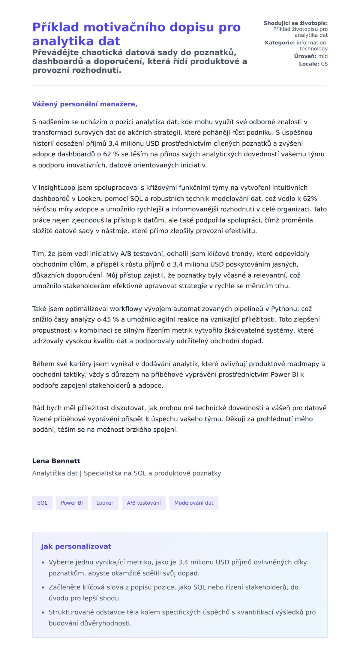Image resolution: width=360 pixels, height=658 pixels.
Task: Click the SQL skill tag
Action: (42, 503)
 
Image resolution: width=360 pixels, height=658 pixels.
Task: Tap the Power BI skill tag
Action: (72, 503)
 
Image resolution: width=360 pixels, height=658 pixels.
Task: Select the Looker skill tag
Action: (105, 503)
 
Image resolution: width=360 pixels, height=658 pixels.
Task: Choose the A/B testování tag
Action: (144, 503)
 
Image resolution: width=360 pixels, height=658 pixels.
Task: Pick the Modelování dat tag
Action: (194, 503)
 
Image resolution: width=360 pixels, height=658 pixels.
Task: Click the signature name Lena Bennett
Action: (56, 461)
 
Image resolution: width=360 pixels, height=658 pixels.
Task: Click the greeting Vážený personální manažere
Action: (85, 104)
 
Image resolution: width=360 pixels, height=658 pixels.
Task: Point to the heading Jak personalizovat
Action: (76, 546)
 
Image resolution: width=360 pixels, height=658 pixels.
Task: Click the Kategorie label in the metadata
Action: (280, 43)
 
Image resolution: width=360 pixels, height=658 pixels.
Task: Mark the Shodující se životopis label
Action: (295, 23)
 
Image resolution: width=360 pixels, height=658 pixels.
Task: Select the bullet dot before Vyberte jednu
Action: (43, 563)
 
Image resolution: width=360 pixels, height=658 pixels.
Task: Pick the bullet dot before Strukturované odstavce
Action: (43, 612)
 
